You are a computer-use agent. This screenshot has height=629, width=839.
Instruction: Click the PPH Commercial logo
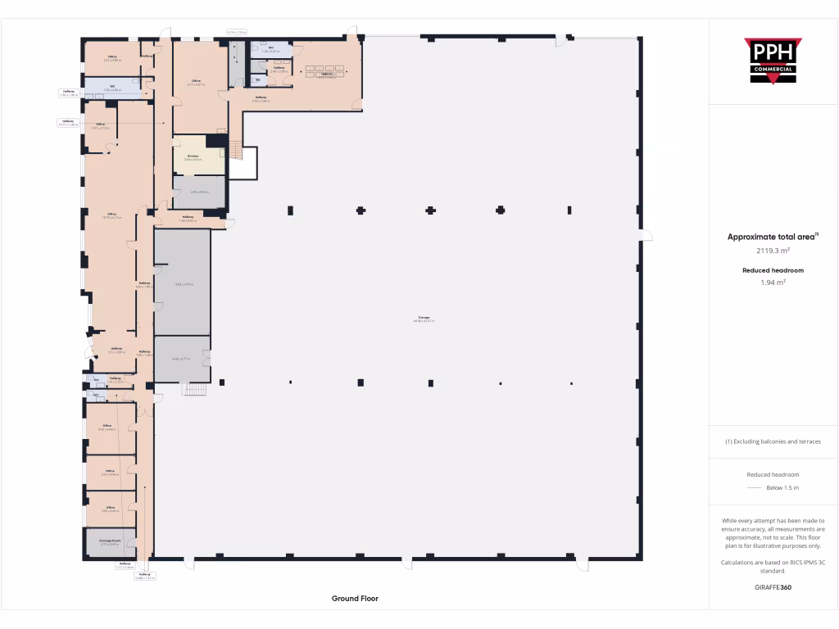pyautogui.click(x=773, y=61)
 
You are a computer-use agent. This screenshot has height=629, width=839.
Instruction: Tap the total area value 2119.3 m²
pyautogui.click(x=773, y=251)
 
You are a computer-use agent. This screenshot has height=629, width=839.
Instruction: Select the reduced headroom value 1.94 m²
pyautogui.click(x=773, y=283)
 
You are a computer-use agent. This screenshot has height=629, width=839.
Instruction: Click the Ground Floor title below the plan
pyautogui.click(x=355, y=599)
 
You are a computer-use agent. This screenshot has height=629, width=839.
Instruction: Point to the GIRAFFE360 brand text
pyautogui.click(x=773, y=587)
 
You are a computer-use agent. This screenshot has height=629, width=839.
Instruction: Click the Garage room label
pyautogui.click(x=424, y=319)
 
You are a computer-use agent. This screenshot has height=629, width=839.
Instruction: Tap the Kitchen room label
pyautogui.click(x=193, y=156)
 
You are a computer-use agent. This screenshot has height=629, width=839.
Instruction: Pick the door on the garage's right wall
pyautogui.click(x=646, y=237)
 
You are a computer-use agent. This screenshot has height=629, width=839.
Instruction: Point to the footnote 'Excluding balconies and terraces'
pyautogui.click(x=773, y=441)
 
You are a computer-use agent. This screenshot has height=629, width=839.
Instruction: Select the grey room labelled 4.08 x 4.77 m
pyautogui.click(x=182, y=359)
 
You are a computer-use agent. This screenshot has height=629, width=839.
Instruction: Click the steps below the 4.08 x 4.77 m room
pyautogui.click(x=193, y=389)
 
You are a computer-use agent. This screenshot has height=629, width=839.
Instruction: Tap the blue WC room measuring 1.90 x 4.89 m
pyautogui.click(x=111, y=87)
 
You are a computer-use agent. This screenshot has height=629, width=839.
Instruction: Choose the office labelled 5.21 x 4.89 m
pyautogui.click(x=111, y=58)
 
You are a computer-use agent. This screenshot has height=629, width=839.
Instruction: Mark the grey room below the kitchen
pyautogui.click(x=199, y=192)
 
